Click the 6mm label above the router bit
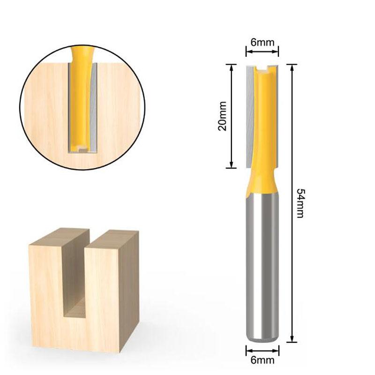(262, 42)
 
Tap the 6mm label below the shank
(262, 360)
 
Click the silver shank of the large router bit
(262, 262)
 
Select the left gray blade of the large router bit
(249, 117)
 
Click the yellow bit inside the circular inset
(82, 94)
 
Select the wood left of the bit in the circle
(47, 108)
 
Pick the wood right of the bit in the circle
(117, 108)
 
